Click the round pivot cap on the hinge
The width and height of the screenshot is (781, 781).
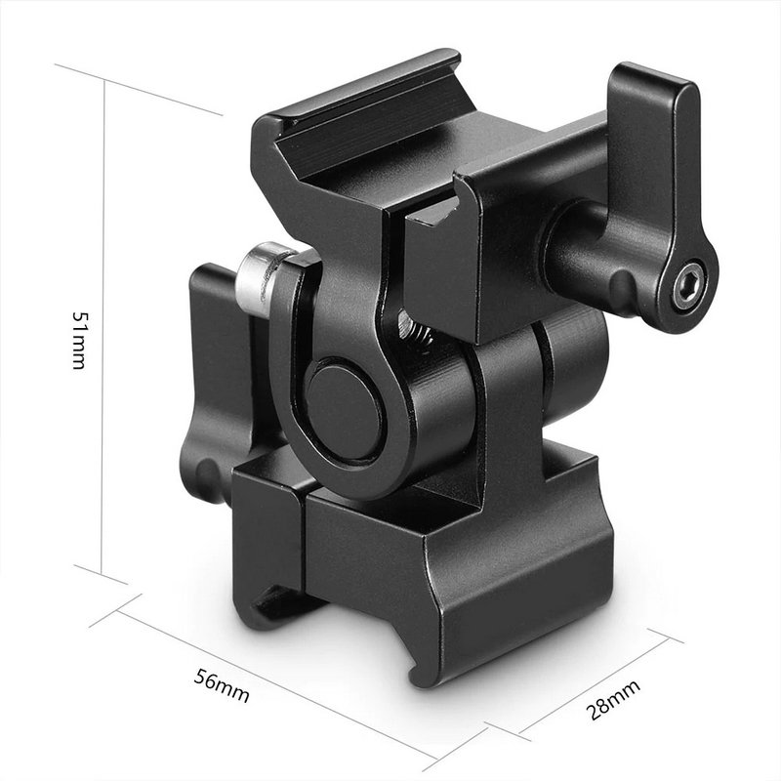coord(343,409)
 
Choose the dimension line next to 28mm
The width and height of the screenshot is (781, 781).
coord(596,683)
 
